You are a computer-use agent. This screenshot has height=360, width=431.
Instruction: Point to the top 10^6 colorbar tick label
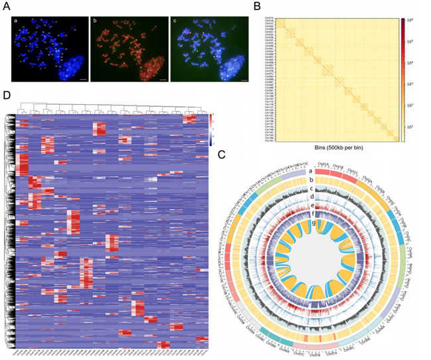[413, 22]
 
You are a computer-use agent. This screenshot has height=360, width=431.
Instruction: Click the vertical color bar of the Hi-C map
[403, 80]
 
